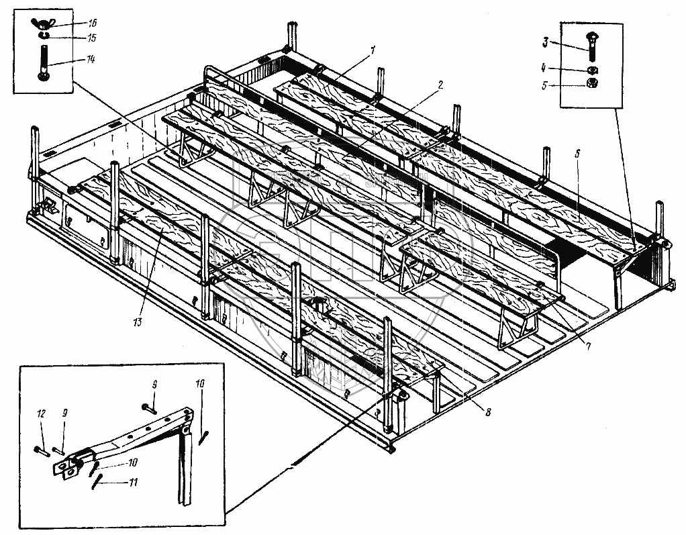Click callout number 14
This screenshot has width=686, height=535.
click(91, 60)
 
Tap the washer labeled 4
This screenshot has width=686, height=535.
click(592, 69)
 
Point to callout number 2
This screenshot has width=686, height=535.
click(440, 85)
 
